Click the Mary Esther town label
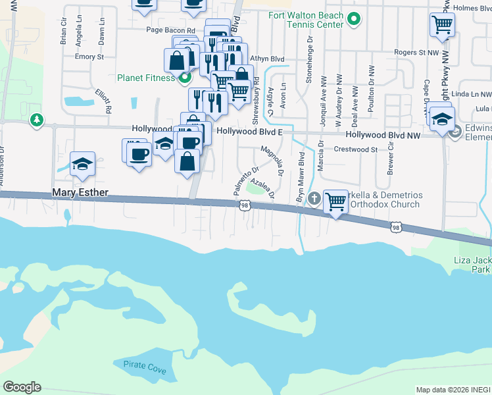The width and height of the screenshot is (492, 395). tap(80, 193)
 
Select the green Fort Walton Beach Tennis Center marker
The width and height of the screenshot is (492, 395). tap(355, 19)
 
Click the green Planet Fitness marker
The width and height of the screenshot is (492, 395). tap(184, 78)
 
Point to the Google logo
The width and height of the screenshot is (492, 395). tap(22, 387)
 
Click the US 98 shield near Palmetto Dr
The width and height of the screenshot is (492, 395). tap(245, 206)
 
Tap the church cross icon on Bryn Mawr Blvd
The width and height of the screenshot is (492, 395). tap(314, 198)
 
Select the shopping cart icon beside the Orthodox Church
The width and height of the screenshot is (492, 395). tap(336, 201)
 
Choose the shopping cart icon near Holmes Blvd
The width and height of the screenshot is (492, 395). tap(443, 25)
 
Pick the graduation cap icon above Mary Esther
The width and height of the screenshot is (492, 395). tap(83, 164)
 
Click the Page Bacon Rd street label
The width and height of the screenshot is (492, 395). tap(170, 30)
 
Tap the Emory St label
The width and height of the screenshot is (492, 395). tap(89, 57)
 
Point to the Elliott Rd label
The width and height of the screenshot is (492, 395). tap(103, 101)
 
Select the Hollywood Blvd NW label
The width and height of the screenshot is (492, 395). tap(383, 134)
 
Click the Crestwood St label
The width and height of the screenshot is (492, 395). tap(356, 149)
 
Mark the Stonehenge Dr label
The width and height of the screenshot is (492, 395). tap(309, 55)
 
